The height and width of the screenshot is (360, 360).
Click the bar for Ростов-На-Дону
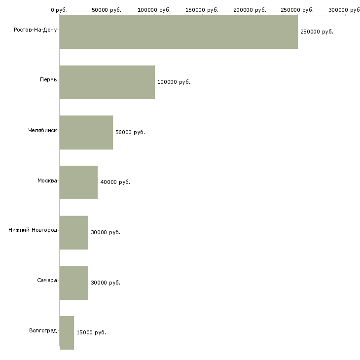click(x=179, y=32)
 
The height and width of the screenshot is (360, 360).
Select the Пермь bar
click(x=107, y=82)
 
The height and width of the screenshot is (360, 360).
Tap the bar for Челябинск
click(x=86, y=133)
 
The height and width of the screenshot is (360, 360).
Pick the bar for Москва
click(x=78, y=182)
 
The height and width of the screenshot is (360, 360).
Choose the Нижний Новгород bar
click(x=74, y=233)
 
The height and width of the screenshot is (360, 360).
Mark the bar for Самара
click(x=74, y=283)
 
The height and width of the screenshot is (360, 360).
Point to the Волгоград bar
click(x=67, y=333)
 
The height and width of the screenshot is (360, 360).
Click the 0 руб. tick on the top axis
click(x=59, y=10)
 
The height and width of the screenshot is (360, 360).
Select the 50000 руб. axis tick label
click(x=107, y=10)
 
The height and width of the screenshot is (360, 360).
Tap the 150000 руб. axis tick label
click(x=203, y=10)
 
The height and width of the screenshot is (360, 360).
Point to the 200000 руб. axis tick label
click(x=251, y=10)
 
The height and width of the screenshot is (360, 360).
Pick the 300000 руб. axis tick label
click(x=345, y=10)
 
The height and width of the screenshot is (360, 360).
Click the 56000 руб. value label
click(x=130, y=132)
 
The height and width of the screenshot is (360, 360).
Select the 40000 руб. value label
click(x=115, y=182)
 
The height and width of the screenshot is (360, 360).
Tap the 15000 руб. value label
click(x=91, y=332)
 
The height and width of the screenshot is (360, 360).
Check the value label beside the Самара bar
click(x=106, y=283)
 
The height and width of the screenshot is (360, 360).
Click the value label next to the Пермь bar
click(x=174, y=82)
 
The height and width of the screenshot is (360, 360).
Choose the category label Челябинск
click(x=42, y=130)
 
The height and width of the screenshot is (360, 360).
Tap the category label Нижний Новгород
click(x=33, y=230)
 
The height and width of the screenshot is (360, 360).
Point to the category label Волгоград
click(x=43, y=330)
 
